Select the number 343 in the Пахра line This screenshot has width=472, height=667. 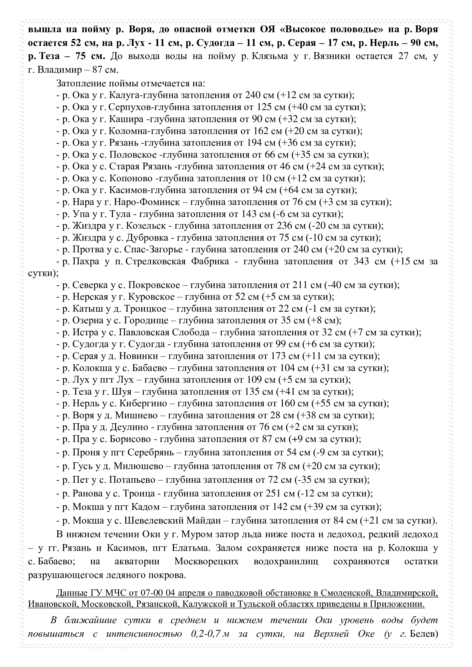[x=361, y=261]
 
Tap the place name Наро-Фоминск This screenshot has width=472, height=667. [x=147, y=202]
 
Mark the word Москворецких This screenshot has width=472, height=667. [x=206, y=561]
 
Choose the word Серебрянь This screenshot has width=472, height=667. [x=151, y=452]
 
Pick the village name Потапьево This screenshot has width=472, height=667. [x=132, y=480]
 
